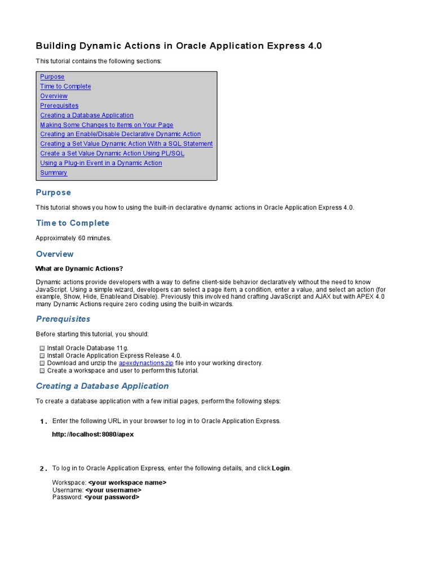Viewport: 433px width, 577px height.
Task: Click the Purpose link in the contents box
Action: coord(52,77)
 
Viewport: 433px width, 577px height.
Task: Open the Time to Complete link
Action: coord(65,86)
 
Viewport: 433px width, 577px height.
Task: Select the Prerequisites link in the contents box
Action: coord(59,105)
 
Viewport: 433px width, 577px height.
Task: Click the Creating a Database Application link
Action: coord(87,115)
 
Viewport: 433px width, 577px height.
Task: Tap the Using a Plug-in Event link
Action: coord(101,163)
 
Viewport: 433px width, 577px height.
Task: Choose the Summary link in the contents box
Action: coord(54,172)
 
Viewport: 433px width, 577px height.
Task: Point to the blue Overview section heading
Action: coord(55,254)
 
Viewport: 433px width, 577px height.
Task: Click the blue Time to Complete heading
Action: coord(73,223)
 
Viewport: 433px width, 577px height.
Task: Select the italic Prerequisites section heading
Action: coord(63,319)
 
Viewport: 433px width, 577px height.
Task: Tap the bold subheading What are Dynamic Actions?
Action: coord(79,268)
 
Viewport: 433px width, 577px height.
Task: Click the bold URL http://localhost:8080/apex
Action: coord(93,434)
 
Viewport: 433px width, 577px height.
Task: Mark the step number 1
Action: coord(43,422)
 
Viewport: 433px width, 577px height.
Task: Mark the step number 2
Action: coord(43,469)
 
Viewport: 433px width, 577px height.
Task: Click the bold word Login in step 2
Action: coord(281,468)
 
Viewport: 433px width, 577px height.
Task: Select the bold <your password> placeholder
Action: coord(112,497)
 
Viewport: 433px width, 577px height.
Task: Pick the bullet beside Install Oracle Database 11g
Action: coord(42,349)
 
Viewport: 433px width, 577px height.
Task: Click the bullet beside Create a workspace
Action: coord(42,371)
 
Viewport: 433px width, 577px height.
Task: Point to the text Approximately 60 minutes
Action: coord(74,238)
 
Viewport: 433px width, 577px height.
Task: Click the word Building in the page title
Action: coord(55,46)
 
